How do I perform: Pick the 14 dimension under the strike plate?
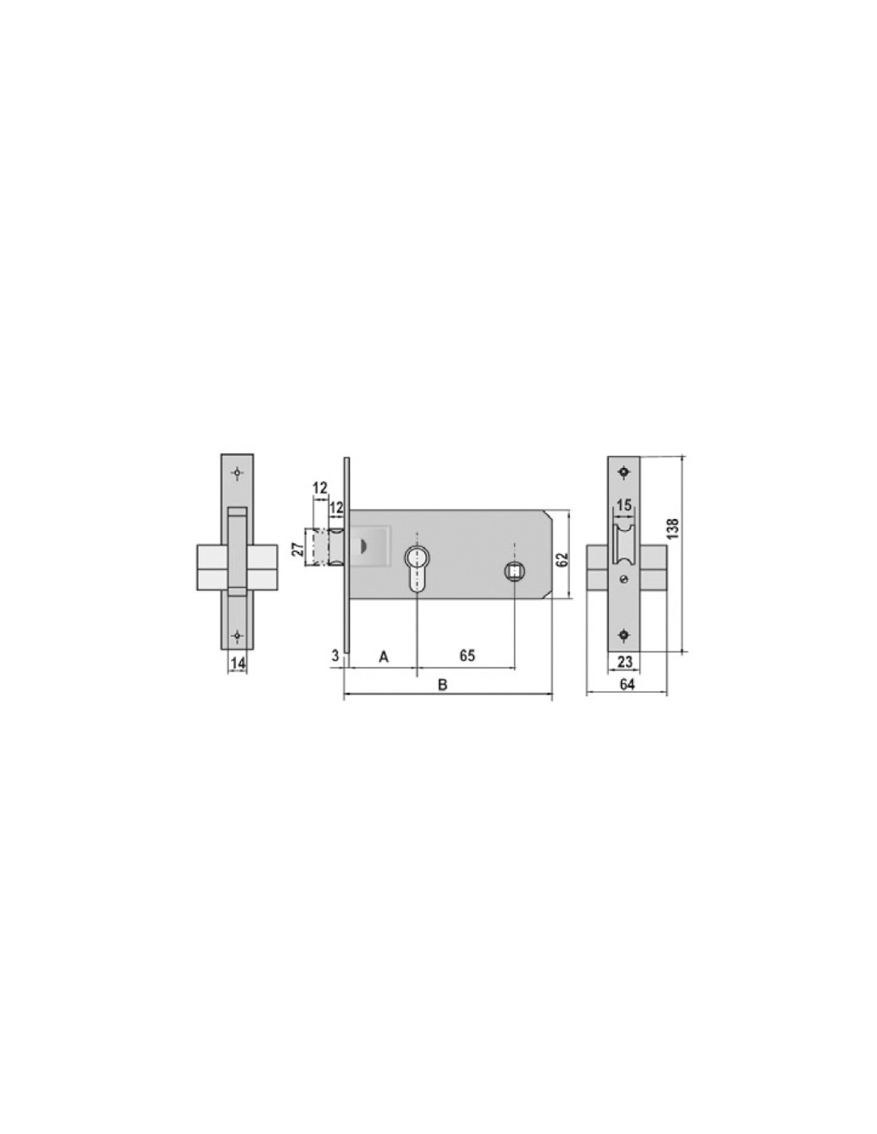point(238,663)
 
